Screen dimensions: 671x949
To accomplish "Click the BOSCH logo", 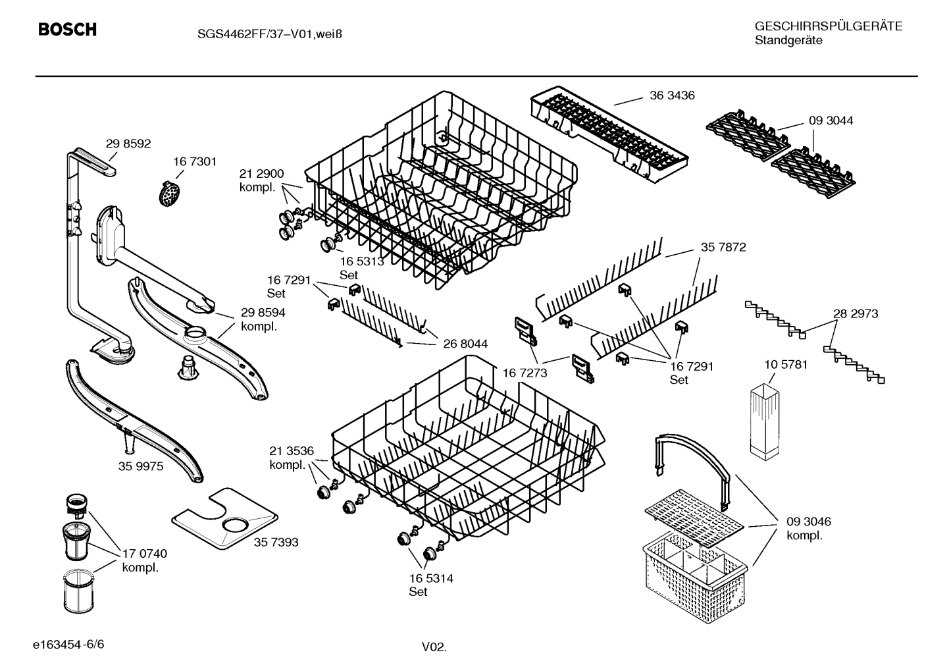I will tap(67, 30).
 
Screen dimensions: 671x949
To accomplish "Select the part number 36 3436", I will tap(672, 95).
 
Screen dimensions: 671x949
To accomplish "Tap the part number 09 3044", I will tap(831, 121).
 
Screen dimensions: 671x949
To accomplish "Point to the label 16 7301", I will tap(195, 161).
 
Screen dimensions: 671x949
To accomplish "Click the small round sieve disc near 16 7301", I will tap(170, 193).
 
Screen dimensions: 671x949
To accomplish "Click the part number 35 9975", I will tap(141, 466).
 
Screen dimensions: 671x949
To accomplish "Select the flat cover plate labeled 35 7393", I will tap(224, 520).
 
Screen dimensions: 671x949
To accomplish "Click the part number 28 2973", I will tap(856, 314).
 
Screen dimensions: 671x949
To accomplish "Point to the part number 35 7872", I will tap(723, 247).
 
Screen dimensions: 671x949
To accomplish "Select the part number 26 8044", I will tap(465, 344).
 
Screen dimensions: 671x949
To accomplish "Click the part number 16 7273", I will tap(525, 373).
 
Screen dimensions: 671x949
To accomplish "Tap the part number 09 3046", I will tap(809, 522).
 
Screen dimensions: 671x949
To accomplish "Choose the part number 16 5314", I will tap(431, 579).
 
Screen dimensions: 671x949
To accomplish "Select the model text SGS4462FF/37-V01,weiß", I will tap(269, 34).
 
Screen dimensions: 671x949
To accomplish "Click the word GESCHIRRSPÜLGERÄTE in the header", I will tap(828, 26).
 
